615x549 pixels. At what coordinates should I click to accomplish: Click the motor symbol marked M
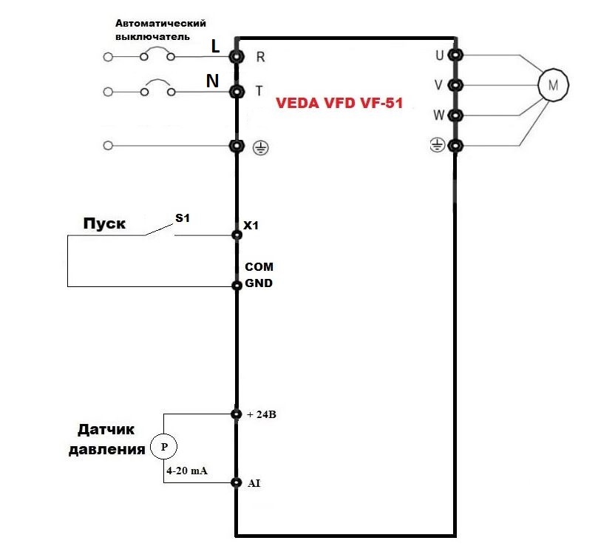(x=551, y=85)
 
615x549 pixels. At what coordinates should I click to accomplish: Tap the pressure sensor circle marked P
(x=164, y=446)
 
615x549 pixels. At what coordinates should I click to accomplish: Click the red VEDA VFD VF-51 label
(x=339, y=104)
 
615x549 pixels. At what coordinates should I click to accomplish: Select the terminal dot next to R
(x=237, y=56)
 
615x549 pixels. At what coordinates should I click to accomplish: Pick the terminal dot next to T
(x=237, y=92)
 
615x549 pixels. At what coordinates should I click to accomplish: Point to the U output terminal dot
(x=456, y=55)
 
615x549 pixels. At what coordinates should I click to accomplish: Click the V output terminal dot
(x=456, y=85)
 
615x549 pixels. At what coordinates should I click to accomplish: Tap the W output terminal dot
(x=456, y=115)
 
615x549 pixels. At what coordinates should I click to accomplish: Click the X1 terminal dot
(x=237, y=235)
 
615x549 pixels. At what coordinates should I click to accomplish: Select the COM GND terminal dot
(x=237, y=286)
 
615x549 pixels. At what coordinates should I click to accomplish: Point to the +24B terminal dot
(x=237, y=414)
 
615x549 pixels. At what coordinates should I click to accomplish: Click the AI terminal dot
(x=237, y=483)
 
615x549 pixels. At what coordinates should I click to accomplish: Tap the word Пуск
(x=103, y=224)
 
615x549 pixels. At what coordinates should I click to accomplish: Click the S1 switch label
(x=182, y=218)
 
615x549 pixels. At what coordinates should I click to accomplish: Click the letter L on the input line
(x=215, y=46)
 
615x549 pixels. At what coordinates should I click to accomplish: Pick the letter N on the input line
(x=212, y=81)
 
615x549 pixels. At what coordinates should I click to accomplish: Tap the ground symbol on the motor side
(x=438, y=146)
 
